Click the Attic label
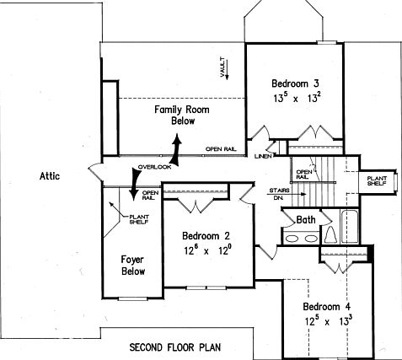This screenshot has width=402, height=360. point(50,176)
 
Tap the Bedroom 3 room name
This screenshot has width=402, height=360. point(294,83)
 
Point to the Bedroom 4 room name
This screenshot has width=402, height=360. point(326,306)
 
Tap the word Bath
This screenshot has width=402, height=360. point(307,219)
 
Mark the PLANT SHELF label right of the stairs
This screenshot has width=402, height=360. point(377,182)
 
